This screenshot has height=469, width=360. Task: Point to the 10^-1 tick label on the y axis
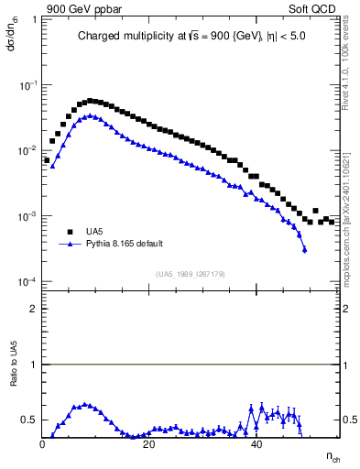(x=29, y=85)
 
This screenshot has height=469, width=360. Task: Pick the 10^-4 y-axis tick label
(x=29, y=282)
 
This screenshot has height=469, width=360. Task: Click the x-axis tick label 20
(x=150, y=444)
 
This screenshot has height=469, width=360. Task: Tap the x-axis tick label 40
(x=257, y=444)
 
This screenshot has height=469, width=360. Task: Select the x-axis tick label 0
(x=43, y=444)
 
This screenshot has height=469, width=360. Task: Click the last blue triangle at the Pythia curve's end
(x=304, y=249)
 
